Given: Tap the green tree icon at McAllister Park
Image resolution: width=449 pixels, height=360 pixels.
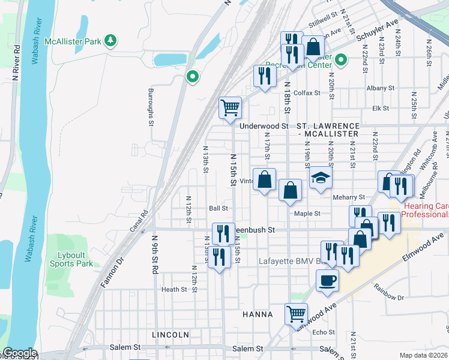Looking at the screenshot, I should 110,41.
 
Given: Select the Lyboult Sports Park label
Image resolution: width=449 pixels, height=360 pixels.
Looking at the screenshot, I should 71,259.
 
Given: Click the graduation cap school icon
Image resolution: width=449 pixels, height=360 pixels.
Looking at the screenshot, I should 321,178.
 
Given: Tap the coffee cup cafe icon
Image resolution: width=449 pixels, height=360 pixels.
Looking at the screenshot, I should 327,280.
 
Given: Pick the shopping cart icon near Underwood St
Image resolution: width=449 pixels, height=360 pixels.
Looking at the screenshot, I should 231,108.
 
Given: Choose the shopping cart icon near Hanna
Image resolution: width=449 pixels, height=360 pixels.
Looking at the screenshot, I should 296,313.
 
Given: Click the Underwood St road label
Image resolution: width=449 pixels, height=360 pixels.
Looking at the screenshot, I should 264,126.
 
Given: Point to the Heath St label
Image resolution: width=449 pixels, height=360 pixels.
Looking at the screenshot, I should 174,289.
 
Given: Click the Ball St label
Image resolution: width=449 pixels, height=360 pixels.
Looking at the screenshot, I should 218,209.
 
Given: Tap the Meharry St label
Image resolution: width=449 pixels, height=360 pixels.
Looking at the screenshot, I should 349,197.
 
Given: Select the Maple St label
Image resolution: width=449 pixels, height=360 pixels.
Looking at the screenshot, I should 307,213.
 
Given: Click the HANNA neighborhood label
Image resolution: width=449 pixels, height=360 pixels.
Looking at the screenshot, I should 258,314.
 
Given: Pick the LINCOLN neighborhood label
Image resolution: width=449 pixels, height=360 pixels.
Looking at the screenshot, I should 170,334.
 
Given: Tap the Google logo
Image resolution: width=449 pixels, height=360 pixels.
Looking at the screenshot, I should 19,353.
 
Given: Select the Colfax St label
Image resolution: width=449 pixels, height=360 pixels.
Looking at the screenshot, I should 307,93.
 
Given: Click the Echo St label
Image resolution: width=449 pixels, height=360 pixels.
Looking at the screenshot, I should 323,332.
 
